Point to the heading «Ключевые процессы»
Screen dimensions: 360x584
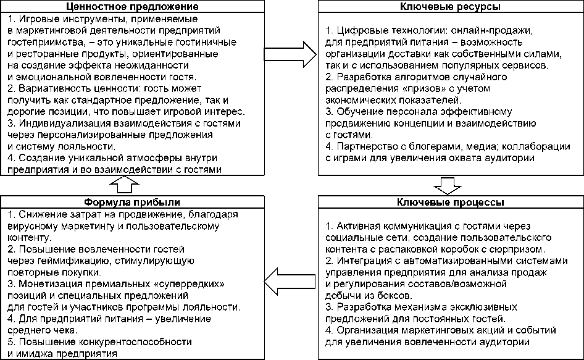click(x=451, y=203)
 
